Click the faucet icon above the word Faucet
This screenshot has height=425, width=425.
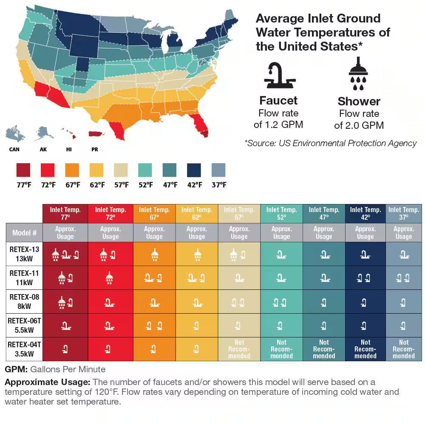pyautogui.click(x=278, y=76)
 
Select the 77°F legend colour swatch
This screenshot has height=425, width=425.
pyautogui.click(x=24, y=170)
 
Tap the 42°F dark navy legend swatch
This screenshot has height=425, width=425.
pyautogui.click(x=194, y=170)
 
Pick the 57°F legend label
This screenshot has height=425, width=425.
pyautogui.click(x=121, y=185)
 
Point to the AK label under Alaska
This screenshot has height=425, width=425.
pyautogui.click(x=43, y=150)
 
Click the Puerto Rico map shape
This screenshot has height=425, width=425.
pyautogui.click(x=97, y=133)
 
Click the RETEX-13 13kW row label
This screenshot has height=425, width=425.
pyautogui.click(x=24, y=254)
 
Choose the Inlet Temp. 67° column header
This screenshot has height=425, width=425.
pyautogui.click(x=154, y=213)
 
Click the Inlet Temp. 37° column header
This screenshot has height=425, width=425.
pyautogui.click(x=404, y=213)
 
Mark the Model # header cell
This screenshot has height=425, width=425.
pyautogui.click(x=24, y=233)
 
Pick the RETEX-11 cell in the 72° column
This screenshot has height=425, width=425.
pyautogui.click(x=110, y=278)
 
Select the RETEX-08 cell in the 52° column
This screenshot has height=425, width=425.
pyautogui.click(x=281, y=302)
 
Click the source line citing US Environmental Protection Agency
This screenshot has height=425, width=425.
pyautogui.click(x=330, y=143)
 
